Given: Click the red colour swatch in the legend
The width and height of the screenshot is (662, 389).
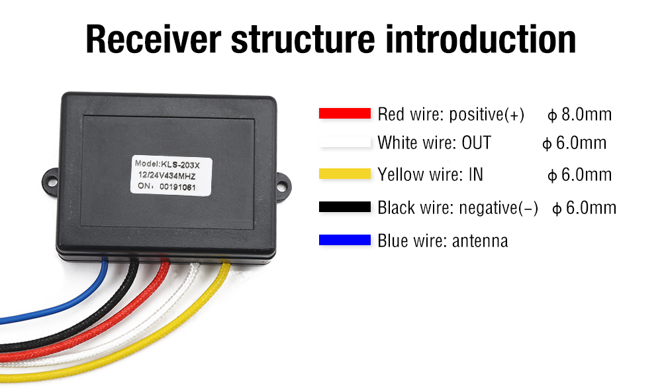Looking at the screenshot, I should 344,114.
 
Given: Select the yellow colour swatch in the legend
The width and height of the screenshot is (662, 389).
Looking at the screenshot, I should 344,174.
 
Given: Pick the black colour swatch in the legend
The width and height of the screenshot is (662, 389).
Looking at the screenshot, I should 344,207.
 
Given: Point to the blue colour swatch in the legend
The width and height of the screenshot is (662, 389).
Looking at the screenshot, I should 344,240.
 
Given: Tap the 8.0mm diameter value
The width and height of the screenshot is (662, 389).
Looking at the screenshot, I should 586,115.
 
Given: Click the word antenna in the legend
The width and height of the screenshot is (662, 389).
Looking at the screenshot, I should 480,241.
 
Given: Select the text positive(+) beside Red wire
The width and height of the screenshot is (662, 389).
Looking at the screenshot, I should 487,115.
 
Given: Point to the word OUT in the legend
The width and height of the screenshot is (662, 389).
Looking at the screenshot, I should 477,143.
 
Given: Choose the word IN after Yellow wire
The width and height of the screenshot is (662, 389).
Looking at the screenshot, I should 475,175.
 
